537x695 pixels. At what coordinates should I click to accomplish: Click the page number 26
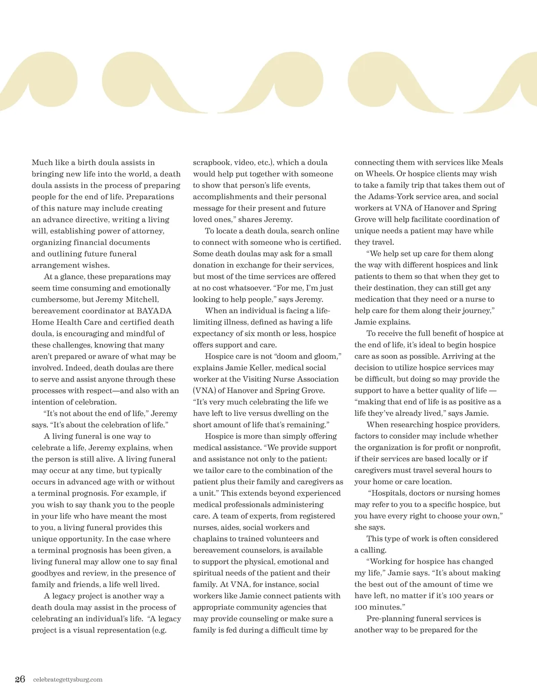point(20,679)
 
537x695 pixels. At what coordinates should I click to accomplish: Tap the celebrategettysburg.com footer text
point(68,680)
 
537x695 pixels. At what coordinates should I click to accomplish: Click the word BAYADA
point(154,311)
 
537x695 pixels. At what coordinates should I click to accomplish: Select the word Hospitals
point(391,493)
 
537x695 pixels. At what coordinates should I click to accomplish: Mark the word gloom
point(326,356)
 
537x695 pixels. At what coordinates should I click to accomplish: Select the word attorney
point(147,231)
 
